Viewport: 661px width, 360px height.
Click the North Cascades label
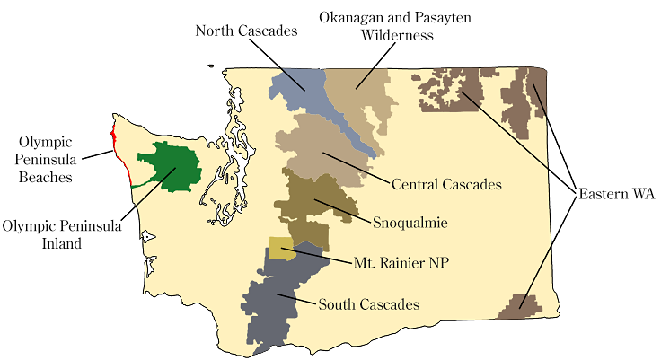point(247,31)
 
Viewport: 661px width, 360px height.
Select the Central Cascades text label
point(446,184)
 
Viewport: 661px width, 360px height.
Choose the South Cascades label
point(369,304)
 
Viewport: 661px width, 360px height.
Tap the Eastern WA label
point(617,194)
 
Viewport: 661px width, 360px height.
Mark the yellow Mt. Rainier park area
point(282,249)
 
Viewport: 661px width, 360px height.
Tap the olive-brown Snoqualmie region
point(305,202)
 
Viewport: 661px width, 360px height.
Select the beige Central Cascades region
point(314,148)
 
